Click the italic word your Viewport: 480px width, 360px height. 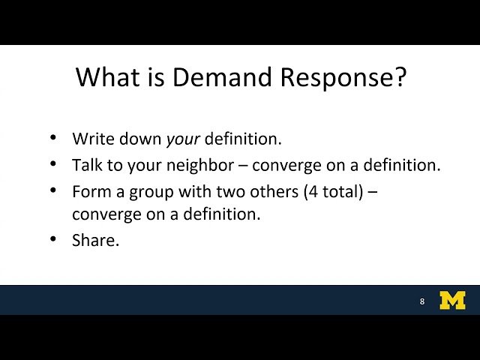click(183, 139)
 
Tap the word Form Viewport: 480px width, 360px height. click(89, 191)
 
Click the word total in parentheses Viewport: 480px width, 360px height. click(340, 191)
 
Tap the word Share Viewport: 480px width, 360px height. click(94, 240)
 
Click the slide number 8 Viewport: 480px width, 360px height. click(422, 301)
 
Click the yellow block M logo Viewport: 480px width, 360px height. click(452, 300)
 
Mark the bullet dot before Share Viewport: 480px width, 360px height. click(52, 239)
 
